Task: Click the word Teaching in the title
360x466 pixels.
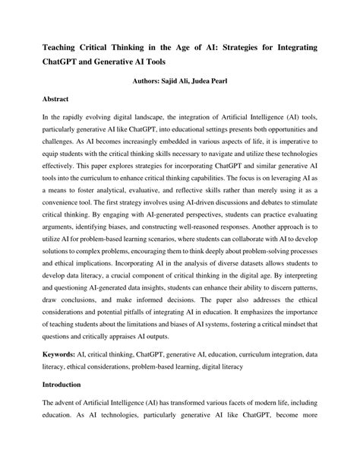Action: point(62,47)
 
